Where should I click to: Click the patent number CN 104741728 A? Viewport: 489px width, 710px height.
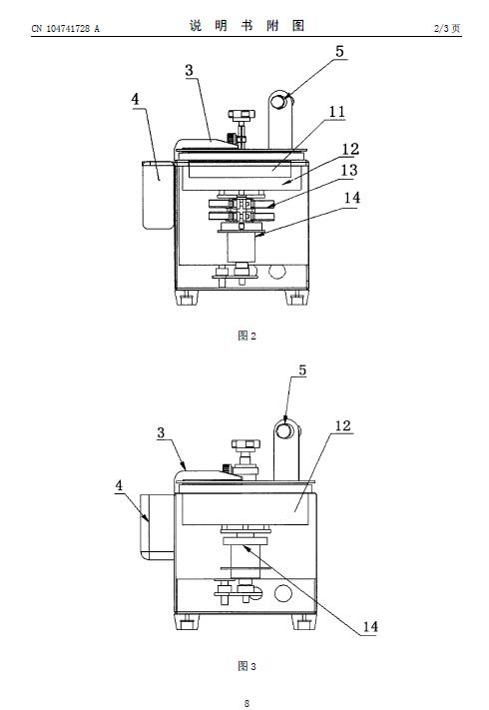click(x=65, y=29)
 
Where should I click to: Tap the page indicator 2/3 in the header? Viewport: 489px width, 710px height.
click(x=441, y=29)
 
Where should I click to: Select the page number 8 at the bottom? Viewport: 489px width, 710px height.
click(x=246, y=703)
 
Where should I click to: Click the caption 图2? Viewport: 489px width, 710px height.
click(x=246, y=336)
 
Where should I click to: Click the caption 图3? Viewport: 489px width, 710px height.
click(x=246, y=666)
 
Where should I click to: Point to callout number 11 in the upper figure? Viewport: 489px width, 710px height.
click(x=336, y=112)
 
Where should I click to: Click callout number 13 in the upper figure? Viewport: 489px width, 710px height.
click(x=348, y=170)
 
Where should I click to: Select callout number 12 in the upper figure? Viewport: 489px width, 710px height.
click(x=350, y=149)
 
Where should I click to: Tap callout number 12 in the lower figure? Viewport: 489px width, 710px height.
click(x=343, y=425)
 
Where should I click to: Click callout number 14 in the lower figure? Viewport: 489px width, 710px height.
click(x=370, y=627)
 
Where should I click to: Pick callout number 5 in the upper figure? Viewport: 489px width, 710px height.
click(x=339, y=51)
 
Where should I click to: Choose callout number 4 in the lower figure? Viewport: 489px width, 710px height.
click(x=119, y=486)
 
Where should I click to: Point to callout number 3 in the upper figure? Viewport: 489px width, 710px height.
click(x=189, y=70)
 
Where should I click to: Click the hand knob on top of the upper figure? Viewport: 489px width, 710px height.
click(x=242, y=114)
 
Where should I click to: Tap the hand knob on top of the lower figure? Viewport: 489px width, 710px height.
click(x=245, y=443)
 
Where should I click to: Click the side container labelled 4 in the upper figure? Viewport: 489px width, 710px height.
click(x=158, y=195)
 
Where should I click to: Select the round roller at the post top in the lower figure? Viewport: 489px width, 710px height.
click(x=284, y=430)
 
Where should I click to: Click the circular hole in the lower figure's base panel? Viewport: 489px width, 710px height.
click(x=283, y=593)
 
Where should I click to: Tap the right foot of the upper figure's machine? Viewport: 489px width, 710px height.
click(x=296, y=298)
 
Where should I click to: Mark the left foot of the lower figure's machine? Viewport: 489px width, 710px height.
click(x=187, y=622)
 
